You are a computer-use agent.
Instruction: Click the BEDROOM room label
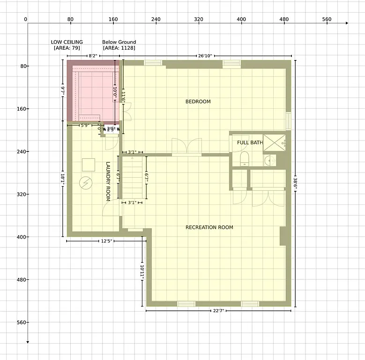coord(198,102)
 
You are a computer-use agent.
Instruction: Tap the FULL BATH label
coord(250,142)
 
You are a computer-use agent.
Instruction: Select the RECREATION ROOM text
coord(209,228)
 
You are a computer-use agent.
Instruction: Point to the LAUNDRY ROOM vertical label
coord(108,181)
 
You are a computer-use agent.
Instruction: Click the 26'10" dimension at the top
coord(205,56)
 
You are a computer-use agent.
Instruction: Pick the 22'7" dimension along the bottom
coord(218,310)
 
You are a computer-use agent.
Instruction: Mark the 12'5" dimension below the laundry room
coord(106,241)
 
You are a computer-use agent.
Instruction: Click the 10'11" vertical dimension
coord(142,272)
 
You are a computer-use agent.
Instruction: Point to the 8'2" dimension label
coord(93,56)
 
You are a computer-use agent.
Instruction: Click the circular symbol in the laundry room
coord(86,182)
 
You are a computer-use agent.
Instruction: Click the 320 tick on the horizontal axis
coord(199,20)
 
